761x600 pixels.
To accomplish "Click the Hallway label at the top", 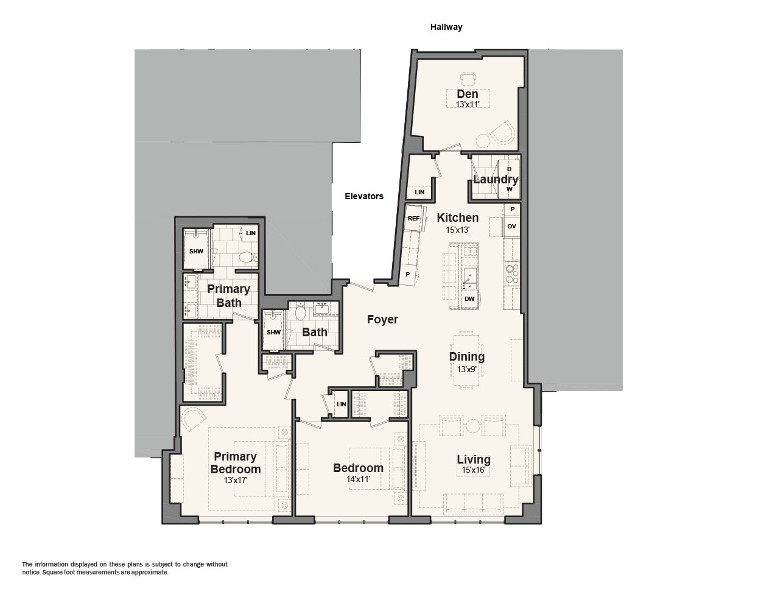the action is click(x=446, y=27).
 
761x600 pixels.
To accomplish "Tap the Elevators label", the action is click(x=364, y=196).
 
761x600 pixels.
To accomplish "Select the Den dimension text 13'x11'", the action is click(x=468, y=104).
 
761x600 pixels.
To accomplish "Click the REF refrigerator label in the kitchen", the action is click(x=413, y=218).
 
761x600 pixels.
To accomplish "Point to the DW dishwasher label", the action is click(x=469, y=298).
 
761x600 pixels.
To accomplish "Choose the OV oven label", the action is click(x=511, y=226).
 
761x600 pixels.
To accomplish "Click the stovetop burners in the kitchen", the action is click(x=511, y=274).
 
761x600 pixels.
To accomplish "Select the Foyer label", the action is click(x=382, y=319).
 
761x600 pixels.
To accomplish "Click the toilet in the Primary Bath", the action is click(x=246, y=257).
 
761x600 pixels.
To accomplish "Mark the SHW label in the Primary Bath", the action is click(x=196, y=251).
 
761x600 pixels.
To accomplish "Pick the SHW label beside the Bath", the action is click(x=273, y=332).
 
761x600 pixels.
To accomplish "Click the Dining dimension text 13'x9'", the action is click(x=467, y=369).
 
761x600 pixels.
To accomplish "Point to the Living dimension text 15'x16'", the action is click(x=474, y=470).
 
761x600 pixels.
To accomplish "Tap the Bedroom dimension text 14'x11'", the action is click(x=358, y=479).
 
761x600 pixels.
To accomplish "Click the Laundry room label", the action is click(x=496, y=179).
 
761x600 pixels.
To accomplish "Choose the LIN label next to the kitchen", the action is click(x=419, y=192).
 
